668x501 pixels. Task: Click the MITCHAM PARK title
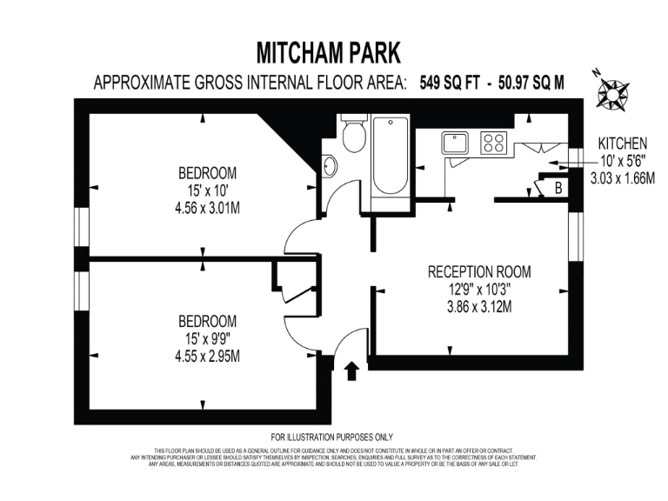(329, 53)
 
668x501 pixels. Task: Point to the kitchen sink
(455, 143)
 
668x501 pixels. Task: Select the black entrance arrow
(352, 372)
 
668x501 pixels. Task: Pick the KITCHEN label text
(622, 144)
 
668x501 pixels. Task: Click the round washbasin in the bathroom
(330, 164)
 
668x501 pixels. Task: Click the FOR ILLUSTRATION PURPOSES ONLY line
(332, 437)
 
